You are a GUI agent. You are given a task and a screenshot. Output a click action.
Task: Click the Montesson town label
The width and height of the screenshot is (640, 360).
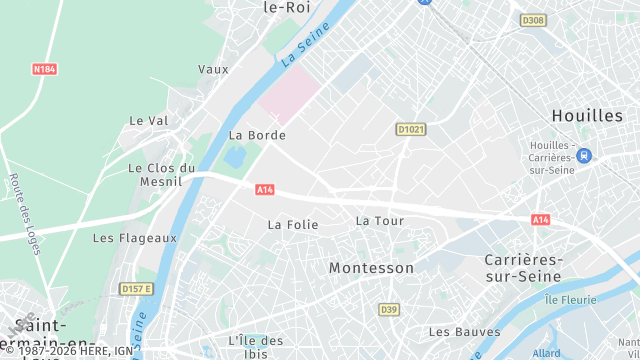(x=371, y=268)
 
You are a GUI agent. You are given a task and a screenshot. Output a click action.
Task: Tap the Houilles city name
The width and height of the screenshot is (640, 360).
(x=587, y=116)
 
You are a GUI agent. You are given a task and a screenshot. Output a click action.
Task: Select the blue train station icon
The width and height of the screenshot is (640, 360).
(x=584, y=155)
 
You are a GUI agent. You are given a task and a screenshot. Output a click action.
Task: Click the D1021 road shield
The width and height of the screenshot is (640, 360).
(x=410, y=129)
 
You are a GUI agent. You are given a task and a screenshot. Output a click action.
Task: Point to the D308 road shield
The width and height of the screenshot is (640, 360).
(x=533, y=20)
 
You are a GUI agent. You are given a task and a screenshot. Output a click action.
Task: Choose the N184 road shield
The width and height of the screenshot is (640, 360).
(x=44, y=69)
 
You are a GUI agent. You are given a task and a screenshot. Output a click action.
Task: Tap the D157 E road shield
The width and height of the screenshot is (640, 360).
(x=136, y=289)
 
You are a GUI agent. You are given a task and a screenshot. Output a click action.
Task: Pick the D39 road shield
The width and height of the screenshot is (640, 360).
(x=389, y=309)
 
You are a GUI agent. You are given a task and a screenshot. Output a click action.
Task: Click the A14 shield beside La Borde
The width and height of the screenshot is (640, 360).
(x=265, y=189)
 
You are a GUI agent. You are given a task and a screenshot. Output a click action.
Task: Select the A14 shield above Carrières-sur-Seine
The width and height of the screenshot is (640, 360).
(x=541, y=219)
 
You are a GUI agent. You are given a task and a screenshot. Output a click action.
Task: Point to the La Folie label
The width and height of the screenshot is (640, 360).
(x=293, y=225)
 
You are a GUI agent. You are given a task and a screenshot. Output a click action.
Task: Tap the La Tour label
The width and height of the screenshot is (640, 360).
(x=380, y=220)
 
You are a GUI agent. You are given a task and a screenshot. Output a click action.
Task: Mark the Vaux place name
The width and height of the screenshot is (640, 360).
(x=213, y=69)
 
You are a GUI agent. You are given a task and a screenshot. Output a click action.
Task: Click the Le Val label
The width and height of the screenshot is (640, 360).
(x=148, y=120)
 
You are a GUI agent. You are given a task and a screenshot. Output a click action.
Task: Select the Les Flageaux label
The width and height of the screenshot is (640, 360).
(x=134, y=238)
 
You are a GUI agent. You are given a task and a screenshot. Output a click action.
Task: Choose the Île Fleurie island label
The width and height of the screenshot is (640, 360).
(x=570, y=299)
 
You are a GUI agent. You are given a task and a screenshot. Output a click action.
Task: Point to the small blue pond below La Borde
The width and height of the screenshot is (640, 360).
(x=235, y=157)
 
